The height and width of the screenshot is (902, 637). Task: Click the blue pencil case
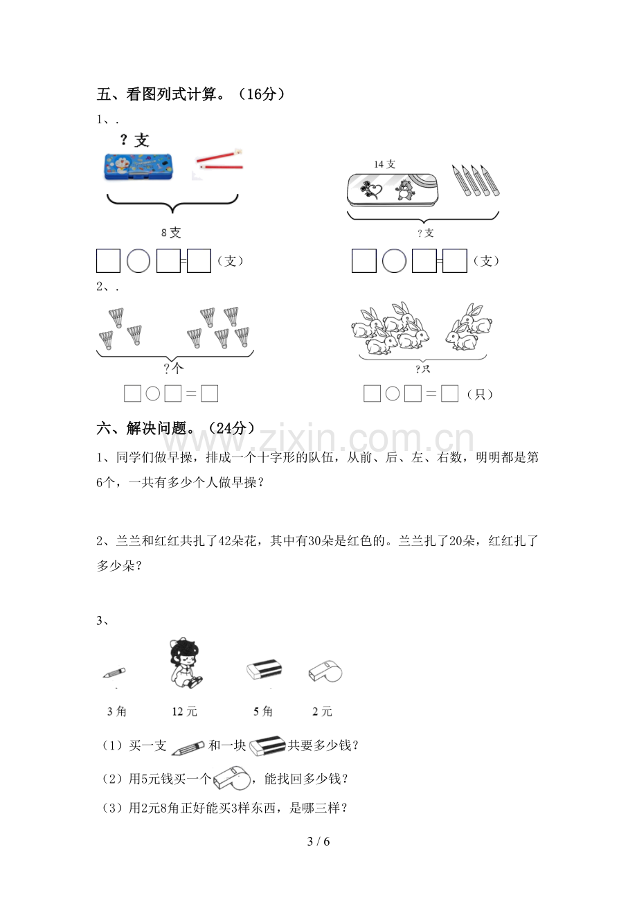point(138,166)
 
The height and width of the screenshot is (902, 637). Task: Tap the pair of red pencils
point(219,160)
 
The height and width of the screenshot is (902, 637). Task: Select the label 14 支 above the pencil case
point(384,164)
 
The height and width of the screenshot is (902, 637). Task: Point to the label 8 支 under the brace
point(171,232)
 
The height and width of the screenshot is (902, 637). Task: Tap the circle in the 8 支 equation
point(138,261)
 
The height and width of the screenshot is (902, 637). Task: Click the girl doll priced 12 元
point(185,662)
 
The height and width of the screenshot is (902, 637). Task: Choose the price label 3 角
point(117,711)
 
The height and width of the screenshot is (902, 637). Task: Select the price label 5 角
point(263,711)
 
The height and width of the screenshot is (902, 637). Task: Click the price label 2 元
point(322,711)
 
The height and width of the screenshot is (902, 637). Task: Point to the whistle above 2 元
point(325,671)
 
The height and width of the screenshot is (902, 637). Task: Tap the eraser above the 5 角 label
point(264,669)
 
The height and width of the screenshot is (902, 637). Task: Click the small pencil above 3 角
point(114,673)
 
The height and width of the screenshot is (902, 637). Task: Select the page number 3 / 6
point(318,841)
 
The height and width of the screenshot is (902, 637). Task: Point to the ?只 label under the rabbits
point(422,369)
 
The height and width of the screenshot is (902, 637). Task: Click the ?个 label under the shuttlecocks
point(173,368)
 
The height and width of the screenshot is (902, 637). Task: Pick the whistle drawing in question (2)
point(231,779)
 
